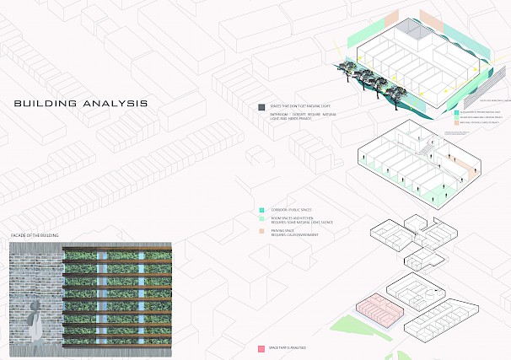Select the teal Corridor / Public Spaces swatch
tap(262, 209)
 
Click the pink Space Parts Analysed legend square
tap(261, 347)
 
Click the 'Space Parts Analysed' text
tap(288, 347)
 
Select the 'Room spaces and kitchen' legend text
tap(300, 219)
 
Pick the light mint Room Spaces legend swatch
tap(262, 218)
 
